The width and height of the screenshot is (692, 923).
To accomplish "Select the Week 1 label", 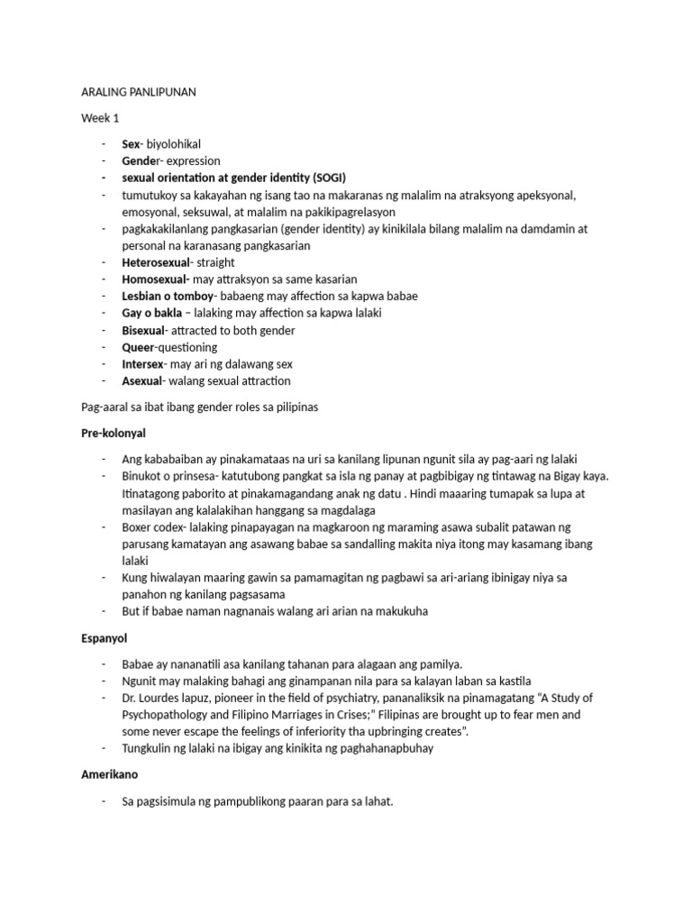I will click(x=100, y=118).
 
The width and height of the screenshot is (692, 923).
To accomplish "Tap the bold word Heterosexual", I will click(x=156, y=262).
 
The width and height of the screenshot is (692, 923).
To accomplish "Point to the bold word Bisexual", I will click(x=144, y=330).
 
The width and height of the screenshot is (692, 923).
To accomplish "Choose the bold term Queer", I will click(x=138, y=347).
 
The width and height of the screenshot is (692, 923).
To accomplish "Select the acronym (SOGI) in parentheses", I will click(x=327, y=178).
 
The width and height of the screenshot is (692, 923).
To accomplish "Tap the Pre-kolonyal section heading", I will click(x=114, y=434).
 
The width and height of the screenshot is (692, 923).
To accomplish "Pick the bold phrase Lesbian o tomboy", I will click(x=168, y=297).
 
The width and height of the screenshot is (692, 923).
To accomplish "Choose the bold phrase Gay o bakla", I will click(x=153, y=314).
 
